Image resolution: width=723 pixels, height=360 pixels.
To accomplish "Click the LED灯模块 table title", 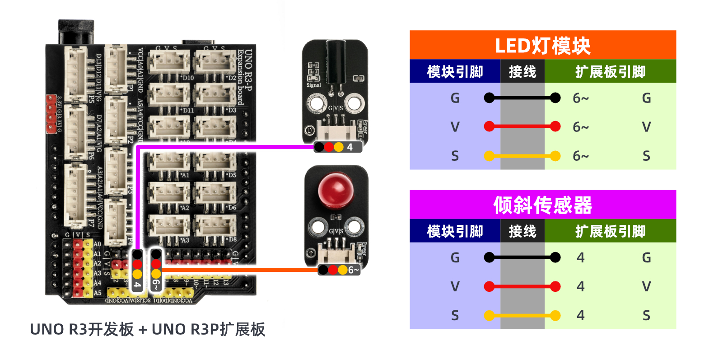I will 542,46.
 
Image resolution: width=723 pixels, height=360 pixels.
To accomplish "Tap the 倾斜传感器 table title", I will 542,205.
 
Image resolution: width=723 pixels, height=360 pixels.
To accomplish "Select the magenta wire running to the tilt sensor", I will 226,147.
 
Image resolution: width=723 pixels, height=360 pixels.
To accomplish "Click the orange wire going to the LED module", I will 239,270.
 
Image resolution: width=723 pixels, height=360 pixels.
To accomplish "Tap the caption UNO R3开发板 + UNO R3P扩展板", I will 147,329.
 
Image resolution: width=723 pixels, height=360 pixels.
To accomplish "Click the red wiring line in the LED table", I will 522,126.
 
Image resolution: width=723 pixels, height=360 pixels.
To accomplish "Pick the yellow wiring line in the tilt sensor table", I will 522,315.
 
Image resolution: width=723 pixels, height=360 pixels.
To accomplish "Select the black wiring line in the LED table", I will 522,98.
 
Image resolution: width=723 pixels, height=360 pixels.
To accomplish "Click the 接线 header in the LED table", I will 522,72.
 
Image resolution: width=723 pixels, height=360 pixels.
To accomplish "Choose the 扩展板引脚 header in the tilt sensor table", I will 610,231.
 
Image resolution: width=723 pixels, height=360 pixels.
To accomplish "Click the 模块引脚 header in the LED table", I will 455,72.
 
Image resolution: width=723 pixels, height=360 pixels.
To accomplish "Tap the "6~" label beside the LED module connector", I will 353,270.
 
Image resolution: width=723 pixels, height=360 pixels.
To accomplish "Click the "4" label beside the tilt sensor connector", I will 350,147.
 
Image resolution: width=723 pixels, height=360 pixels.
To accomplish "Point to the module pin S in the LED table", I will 455,156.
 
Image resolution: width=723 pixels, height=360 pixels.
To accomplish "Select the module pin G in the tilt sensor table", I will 455,257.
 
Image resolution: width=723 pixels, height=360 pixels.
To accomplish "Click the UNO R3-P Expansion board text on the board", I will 244,77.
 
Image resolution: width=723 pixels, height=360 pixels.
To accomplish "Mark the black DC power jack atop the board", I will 76,31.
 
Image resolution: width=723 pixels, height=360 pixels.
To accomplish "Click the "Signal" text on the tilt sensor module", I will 313,85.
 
